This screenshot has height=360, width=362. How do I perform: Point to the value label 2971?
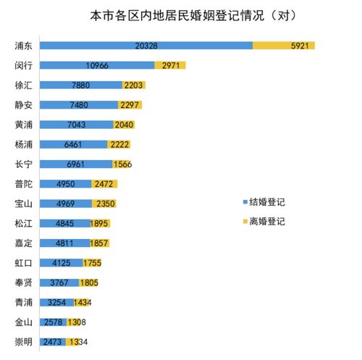[x=170, y=65]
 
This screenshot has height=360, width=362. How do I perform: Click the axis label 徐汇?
[x=23, y=85]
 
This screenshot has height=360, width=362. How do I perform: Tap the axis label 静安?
[x=23, y=105]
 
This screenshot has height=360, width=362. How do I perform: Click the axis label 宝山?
[x=23, y=204]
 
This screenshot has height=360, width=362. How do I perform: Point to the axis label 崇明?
[x=23, y=341]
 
